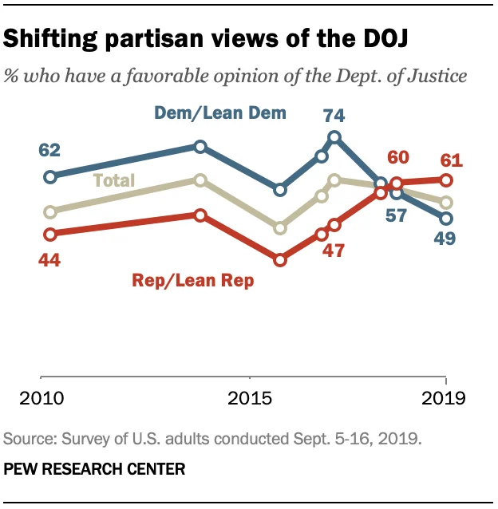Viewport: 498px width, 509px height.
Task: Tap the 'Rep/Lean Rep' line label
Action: [x=192, y=280]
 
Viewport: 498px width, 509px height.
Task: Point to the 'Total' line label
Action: [x=114, y=180]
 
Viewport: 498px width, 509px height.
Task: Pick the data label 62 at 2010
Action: [x=49, y=149]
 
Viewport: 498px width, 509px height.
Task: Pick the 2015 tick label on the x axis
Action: [x=250, y=397]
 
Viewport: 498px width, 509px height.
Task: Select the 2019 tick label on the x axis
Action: [x=444, y=397]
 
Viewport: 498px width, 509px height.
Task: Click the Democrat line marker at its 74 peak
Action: [x=334, y=137]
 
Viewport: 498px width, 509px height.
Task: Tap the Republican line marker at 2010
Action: [x=50, y=235]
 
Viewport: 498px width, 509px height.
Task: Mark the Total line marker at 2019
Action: [x=447, y=203]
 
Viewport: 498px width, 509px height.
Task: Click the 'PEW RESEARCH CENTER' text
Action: [x=95, y=469]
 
